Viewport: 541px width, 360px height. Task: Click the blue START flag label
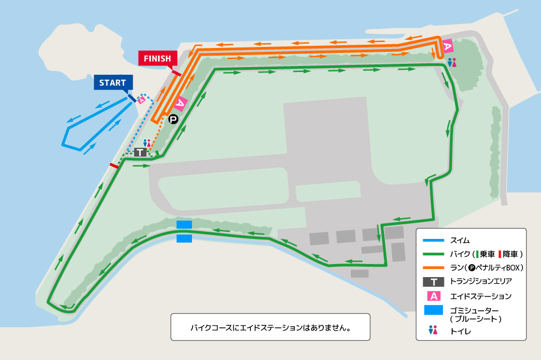click(113, 83)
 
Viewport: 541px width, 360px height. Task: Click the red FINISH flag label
click(158, 58)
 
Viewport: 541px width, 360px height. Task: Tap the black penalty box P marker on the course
click(173, 119)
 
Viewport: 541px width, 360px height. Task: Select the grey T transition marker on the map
click(141, 152)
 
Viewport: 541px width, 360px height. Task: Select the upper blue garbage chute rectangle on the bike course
click(184, 225)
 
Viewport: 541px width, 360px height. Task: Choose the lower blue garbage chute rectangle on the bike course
click(184, 238)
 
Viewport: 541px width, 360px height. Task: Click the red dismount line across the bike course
click(114, 165)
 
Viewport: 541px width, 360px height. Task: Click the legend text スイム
click(460, 240)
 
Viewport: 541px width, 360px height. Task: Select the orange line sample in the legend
click(434, 268)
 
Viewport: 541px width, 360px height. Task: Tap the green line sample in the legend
click(434, 254)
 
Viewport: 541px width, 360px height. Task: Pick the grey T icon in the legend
click(434, 282)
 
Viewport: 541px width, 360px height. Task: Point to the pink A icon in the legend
click(434, 296)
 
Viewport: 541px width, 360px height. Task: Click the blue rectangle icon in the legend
click(434, 311)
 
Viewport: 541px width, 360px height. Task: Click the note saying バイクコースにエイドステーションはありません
click(270, 328)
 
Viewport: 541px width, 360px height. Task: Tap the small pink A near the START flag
click(141, 100)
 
